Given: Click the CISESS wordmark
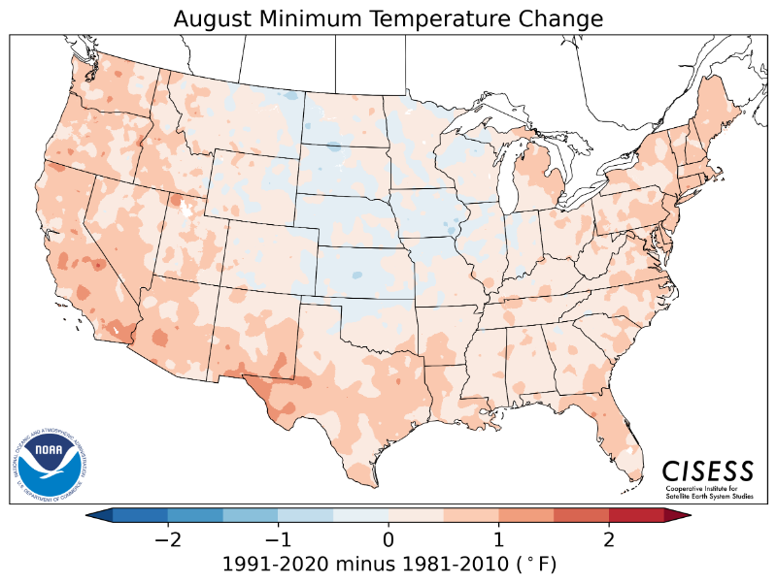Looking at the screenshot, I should [x=708, y=470].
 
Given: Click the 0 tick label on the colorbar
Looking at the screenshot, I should [x=388, y=537].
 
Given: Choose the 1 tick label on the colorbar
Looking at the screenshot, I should [x=498, y=537].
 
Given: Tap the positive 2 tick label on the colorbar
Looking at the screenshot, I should [x=609, y=537].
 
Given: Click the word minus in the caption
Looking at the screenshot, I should [x=354, y=564].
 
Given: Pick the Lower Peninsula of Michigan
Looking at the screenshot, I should [x=539, y=179].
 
